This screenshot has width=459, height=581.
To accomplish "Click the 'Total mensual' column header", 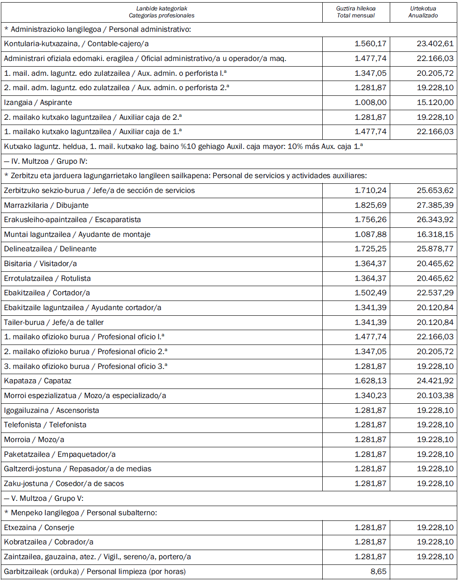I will tap(356, 15).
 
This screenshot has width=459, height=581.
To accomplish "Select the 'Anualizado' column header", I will tap(423, 15).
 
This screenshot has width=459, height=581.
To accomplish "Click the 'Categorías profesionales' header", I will tap(162, 15).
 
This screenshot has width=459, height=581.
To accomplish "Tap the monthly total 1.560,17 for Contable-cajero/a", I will tap(370, 44).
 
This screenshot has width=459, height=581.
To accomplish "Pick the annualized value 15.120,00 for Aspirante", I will tap(435, 102).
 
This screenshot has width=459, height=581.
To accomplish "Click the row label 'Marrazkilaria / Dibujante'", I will tap(46, 205).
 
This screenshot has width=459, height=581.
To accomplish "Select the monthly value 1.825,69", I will tap(370, 205).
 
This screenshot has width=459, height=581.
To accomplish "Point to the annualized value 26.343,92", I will tap(435, 220).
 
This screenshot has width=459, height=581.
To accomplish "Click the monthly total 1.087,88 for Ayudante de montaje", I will tap(370, 234).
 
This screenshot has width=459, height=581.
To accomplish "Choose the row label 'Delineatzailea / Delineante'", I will tap(50, 249).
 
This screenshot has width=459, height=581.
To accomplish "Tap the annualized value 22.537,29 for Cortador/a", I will tap(435, 293).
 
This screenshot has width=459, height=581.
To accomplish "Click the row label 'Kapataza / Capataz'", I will tap(37, 381).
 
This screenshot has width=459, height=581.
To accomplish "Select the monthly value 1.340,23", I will tap(370, 395).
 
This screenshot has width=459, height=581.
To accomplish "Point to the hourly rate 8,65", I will tap(378, 571).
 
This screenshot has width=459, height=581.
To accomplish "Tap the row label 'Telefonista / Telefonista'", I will tap(45, 425).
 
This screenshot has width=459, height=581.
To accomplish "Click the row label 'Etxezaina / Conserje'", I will tap(39, 527).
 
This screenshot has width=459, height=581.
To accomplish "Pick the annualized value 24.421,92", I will tap(435, 381).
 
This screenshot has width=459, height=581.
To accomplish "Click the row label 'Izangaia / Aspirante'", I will tap(38, 102).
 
